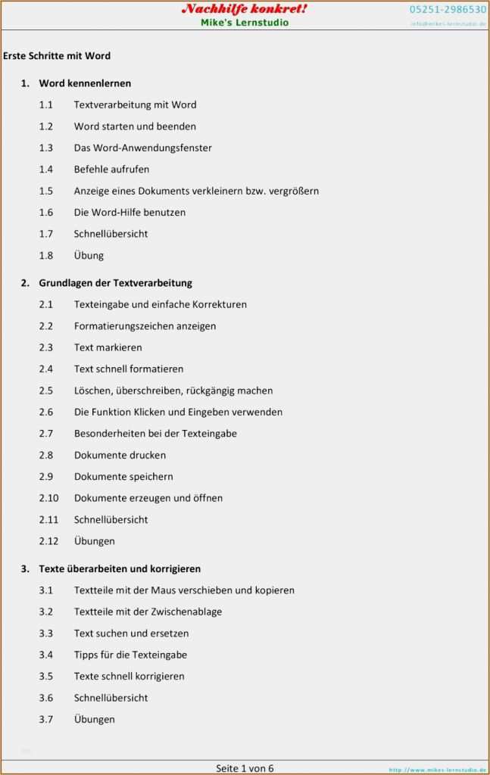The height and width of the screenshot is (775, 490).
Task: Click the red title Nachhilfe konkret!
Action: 244,9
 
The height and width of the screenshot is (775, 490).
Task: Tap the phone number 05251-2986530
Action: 448,10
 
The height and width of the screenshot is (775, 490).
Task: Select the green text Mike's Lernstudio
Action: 245,23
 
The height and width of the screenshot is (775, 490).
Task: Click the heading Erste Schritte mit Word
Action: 57,56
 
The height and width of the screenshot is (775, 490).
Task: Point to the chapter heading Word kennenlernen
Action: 85,83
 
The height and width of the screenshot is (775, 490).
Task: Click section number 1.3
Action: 46,148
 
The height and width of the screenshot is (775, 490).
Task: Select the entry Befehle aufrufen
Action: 111,170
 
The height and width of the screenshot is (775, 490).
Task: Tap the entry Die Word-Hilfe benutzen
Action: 130,213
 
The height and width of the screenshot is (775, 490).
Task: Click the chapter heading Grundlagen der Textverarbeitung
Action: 115,283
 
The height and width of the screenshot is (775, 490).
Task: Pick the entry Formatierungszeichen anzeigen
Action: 145,326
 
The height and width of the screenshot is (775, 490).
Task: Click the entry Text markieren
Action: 108,347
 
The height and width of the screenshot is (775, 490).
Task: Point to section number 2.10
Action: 48,498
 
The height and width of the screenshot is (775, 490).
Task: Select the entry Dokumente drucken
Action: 120,455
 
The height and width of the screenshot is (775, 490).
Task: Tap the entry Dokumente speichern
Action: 123,477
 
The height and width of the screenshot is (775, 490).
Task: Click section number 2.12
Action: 48,541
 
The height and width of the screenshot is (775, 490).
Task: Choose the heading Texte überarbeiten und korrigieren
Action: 120,568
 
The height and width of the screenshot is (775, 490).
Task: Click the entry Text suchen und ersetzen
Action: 131,633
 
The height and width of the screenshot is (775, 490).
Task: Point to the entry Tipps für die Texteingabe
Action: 130,655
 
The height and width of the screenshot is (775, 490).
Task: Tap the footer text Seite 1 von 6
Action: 245,768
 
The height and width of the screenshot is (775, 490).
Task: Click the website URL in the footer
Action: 437,770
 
